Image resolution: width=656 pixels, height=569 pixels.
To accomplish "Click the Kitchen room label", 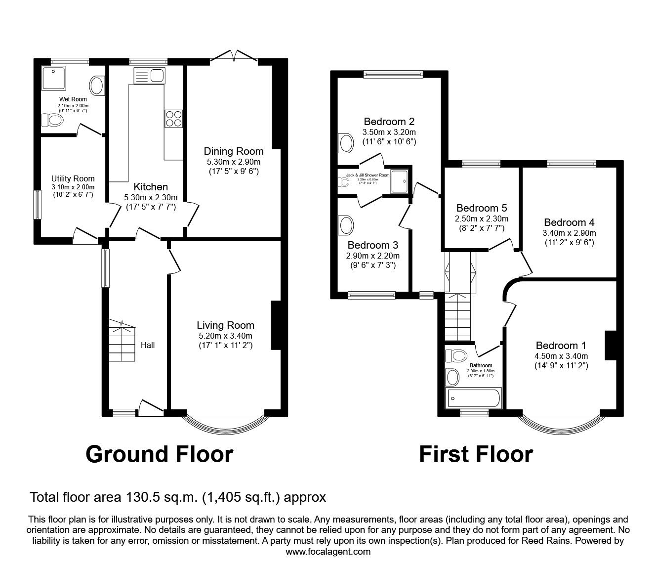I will (151, 187).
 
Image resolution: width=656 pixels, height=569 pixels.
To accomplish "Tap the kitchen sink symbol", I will (149, 76).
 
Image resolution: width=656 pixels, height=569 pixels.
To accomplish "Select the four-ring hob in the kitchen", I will (173, 119).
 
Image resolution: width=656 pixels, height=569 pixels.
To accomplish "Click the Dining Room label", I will (234, 151).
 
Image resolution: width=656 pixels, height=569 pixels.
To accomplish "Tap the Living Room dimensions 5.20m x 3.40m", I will (225, 336).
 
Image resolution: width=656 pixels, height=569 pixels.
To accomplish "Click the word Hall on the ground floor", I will (148, 345).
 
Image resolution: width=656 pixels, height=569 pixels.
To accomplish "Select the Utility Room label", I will (73, 178).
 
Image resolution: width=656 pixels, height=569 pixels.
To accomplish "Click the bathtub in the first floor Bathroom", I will (473, 398).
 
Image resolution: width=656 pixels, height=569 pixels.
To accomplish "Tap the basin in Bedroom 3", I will (347, 225).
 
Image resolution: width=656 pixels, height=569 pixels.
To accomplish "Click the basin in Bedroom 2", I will (346, 144).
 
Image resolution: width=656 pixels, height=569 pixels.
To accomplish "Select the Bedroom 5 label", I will (481, 208).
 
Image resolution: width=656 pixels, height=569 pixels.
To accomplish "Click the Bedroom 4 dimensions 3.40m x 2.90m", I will (569, 233).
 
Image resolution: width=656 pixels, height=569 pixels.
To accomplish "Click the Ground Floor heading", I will (159, 454).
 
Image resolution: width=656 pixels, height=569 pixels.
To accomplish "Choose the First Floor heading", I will (476, 454).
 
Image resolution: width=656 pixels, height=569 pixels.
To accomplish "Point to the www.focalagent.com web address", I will (328, 552).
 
